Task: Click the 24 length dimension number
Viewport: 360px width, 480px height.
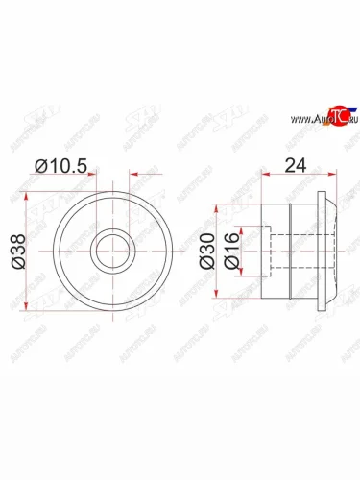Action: click(x=295, y=164)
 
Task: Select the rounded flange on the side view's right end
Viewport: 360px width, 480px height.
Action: click(x=328, y=251)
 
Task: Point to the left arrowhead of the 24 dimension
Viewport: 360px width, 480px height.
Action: click(x=266, y=177)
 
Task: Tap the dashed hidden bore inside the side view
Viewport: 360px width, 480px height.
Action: click(x=278, y=251)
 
